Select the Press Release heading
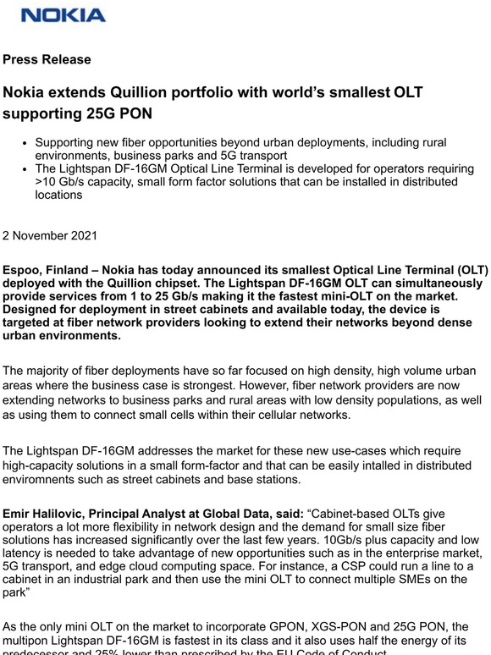tap(47, 60)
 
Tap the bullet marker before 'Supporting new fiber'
tap(27, 143)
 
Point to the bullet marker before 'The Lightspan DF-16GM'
tap(27, 168)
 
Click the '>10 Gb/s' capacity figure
tap(62, 181)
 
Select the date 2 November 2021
tap(50, 235)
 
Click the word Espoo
tap(23, 271)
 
